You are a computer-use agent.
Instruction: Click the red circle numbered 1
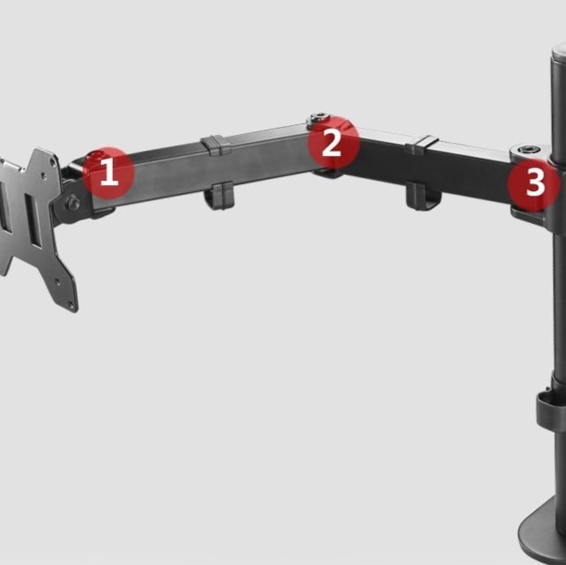tap(108, 173)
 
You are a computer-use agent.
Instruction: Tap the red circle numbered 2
tap(333, 142)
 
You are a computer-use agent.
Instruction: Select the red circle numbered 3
tap(534, 185)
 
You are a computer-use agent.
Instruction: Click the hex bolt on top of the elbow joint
tap(319, 117)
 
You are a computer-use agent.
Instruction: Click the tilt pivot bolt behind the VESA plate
tap(74, 203)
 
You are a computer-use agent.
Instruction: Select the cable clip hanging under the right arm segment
tap(422, 197)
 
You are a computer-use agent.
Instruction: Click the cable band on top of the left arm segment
tap(215, 145)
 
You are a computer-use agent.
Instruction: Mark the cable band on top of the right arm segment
tap(421, 145)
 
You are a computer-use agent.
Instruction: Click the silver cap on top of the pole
tap(558, 50)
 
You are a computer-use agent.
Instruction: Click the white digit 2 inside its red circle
tap(331, 143)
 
